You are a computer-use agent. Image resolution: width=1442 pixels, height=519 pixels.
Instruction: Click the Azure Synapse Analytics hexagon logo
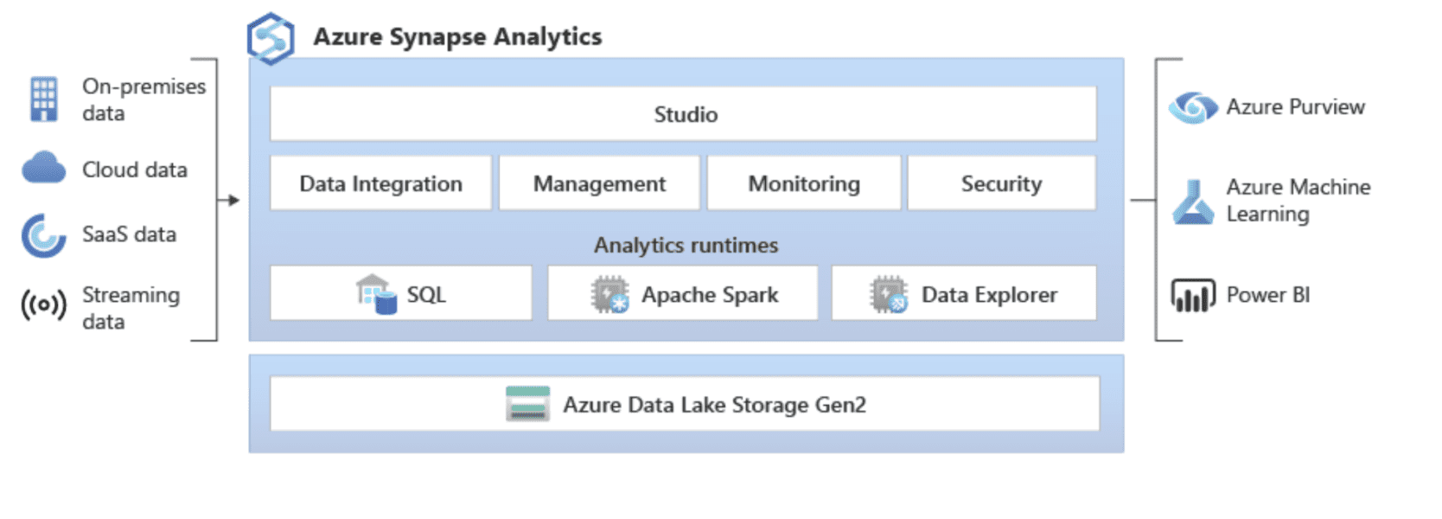coord(271,39)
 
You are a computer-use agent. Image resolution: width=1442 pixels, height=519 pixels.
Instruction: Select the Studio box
coord(683,114)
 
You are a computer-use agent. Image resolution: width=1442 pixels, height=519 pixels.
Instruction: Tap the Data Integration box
coord(380,183)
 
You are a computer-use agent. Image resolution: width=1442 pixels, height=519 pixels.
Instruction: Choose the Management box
coord(599,183)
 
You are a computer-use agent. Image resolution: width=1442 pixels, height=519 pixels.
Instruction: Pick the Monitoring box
coord(804,183)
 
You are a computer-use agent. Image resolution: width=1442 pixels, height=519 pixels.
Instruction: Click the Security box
coord(1001,183)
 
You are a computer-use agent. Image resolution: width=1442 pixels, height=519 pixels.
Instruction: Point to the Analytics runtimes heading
coord(686,246)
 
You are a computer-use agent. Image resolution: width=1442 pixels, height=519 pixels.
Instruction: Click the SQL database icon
coord(377,294)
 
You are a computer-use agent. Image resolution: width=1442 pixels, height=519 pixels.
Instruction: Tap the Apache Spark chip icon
coord(609,295)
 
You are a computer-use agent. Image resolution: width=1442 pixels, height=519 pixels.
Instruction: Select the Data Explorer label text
coord(989,295)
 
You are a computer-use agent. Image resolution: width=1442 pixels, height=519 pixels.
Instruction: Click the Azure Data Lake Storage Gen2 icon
coord(527,404)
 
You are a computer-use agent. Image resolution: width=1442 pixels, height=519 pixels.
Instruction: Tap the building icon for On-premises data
coord(44,99)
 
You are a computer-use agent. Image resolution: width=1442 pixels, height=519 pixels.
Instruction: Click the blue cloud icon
coord(43,168)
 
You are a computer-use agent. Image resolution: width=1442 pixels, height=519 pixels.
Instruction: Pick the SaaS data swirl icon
coord(43,235)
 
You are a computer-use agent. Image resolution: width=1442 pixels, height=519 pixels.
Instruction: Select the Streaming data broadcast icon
coord(43,305)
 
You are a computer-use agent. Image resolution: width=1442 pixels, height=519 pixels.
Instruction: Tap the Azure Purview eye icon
coord(1193,107)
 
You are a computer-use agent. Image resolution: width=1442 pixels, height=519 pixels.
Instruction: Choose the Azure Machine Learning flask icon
coord(1193,202)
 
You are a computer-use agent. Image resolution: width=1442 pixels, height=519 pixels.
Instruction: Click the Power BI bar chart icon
coord(1193,295)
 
